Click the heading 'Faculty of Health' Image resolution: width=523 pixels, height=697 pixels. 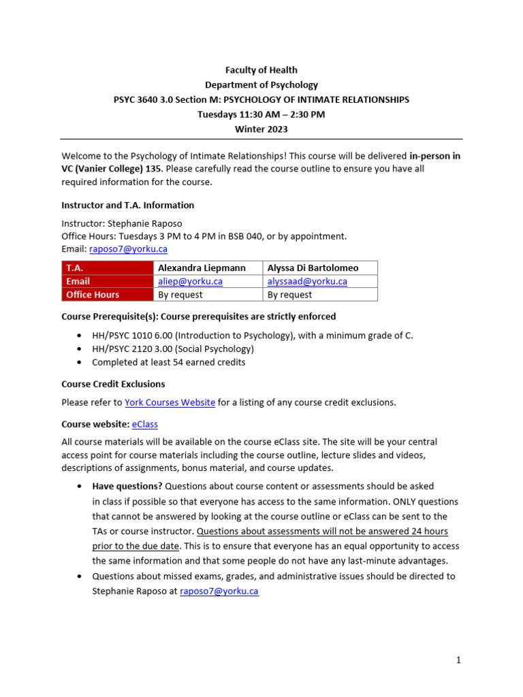coord(261,70)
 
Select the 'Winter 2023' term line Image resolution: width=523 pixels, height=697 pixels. coord(261,129)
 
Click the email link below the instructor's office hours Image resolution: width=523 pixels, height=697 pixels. coord(128,249)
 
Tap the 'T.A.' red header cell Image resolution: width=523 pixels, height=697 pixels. coord(107,268)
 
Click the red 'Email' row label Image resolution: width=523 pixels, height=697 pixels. coord(107,281)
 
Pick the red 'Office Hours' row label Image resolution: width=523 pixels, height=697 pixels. coord(107,295)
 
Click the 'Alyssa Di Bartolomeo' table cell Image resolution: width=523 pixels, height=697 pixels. coord(313,268)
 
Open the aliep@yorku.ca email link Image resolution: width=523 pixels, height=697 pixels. coord(190,281)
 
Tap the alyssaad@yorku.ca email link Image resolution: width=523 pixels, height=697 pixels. coord(307,281)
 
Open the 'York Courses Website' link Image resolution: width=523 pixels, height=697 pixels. coord(170,402)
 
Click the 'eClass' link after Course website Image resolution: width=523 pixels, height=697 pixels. coord(144,424)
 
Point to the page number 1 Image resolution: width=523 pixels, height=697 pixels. coord(459,660)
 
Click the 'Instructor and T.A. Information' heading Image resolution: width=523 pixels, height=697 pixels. coord(127,205)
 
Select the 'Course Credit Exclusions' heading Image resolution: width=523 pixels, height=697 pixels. coord(113,384)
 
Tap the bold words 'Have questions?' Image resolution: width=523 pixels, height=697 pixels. coord(127,486)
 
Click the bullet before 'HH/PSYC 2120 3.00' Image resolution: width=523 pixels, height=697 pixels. coord(80,349)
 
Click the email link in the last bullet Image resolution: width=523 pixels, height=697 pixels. coord(219,591)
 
